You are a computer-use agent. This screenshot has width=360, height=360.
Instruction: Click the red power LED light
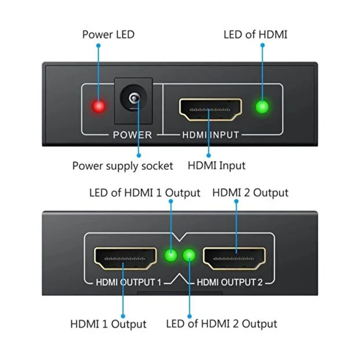tap(99, 107)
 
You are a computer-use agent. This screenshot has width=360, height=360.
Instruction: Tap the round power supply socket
tap(134, 99)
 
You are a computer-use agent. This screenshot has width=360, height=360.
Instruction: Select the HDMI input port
tap(210, 109)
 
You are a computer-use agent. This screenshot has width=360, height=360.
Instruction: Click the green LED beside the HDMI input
tap(262, 107)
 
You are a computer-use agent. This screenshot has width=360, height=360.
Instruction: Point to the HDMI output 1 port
tap(125, 258)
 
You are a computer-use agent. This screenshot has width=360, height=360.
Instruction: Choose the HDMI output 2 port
tap(234, 258)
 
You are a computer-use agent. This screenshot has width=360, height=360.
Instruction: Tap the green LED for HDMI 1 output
tap(171, 256)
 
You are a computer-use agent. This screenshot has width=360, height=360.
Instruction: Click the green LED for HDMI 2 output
tap(189, 256)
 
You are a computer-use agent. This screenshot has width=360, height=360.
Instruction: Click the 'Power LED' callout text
tap(108, 34)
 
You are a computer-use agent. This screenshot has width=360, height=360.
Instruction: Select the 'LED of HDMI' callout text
tap(255, 34)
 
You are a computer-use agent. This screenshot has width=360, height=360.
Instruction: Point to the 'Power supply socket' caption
tap(123, 166)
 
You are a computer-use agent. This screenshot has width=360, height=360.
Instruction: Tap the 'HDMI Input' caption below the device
tap(217, 166)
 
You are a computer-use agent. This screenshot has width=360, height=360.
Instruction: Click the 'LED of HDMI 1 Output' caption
tap(145, 193)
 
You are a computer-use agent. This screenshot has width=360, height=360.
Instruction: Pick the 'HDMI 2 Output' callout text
tap(250, 193)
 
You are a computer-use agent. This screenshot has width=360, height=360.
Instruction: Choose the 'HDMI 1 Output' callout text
tap(108, 324)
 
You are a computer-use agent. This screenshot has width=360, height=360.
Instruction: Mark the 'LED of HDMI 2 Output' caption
tap(222, 324)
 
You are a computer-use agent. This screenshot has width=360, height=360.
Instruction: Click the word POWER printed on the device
tap(132, 135)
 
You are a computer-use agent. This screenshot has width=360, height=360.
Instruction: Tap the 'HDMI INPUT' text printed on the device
tap(210, 135)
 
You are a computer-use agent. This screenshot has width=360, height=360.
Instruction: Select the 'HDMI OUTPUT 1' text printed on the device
tap(128, 283)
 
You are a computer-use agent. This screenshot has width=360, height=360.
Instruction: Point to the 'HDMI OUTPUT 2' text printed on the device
tap(230, 283)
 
